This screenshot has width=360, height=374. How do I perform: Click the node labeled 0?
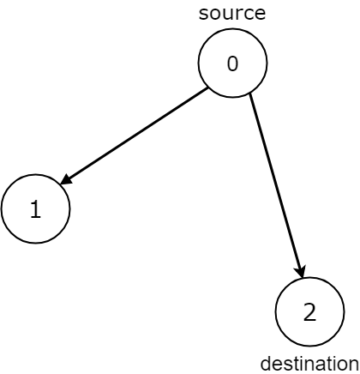[x=232, y=63]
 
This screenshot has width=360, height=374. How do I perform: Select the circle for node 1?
[x=35, y=209]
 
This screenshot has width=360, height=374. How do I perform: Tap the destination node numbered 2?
[x=309, y=311]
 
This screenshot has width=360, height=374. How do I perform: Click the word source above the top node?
[x=231, y=13]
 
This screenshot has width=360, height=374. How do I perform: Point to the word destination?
[x=309, y=363]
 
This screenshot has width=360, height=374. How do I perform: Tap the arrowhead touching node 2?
[x=299, y=270]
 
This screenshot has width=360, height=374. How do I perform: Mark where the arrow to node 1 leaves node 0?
[x=207, y=88]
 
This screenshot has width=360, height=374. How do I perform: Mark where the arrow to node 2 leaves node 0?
[x=249, y=94]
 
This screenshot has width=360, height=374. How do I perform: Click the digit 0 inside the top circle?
[x=232, y=63]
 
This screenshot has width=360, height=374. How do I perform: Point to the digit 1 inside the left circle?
[x=35, y=210]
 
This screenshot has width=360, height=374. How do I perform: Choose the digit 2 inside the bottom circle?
[x=309, y=312]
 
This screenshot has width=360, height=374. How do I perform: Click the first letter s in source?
[x=202, y=14]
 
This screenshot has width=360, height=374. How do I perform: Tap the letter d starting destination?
[x=264, y=363]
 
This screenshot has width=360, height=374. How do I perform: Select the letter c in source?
[x=249, y=14]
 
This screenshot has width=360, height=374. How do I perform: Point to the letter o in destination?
[x=343, y=363]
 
